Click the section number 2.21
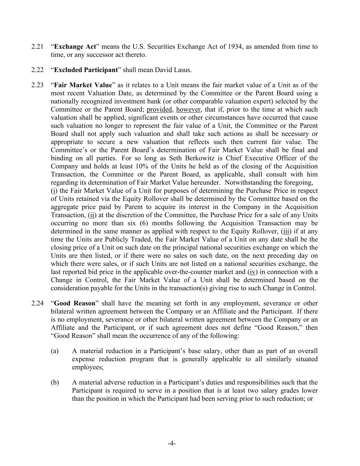37,47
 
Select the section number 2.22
37,70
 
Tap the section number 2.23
37,85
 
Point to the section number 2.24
37,303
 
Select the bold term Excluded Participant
86,70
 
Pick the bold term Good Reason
75,303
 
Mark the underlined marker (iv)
253,272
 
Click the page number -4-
172,443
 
